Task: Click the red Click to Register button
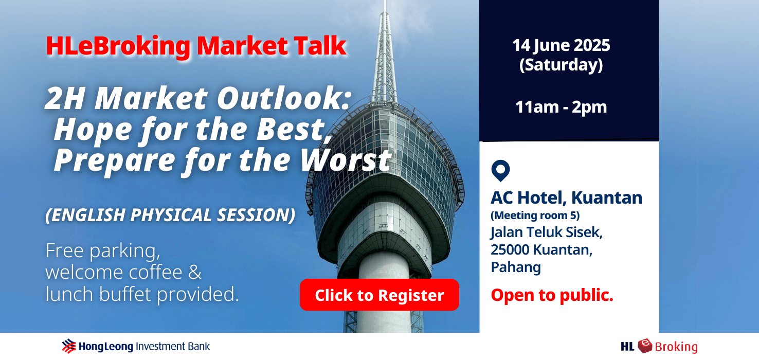click(379, 295)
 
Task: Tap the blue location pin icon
click(500, 171)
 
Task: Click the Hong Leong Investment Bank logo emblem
click(69, 346)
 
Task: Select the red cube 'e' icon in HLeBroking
click(645, 346)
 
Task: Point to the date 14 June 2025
click(561, 45)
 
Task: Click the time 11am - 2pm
click(561, 107)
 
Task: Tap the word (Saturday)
click(561, 65)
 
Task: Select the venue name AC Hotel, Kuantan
click(566, 197)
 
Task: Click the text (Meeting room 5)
click(535, 215)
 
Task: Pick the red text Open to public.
click(552, 295)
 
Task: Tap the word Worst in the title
click(346, 160)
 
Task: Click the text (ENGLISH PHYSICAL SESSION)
click(170, 215)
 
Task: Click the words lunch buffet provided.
click(142, 294)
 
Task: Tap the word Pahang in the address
click(516, 267)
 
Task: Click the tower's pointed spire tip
click(385, 2)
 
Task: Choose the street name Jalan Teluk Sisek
click(546, 232)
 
